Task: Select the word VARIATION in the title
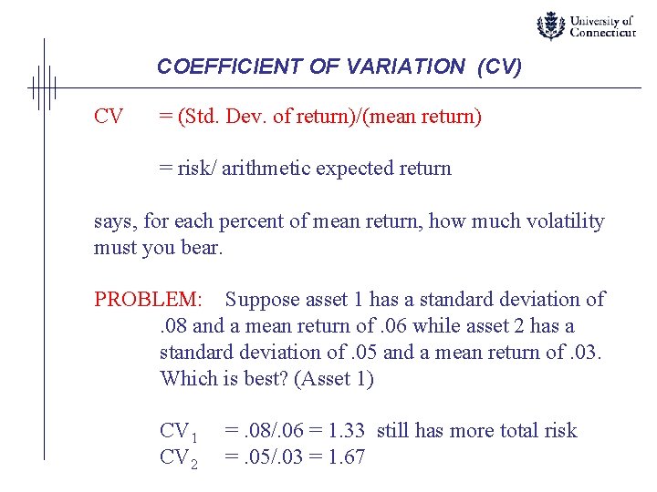click(390, 67)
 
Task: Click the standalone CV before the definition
click(109, 117)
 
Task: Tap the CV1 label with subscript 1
click(179, 432)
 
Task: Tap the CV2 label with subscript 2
click(179, 458)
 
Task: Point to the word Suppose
click(261, 300)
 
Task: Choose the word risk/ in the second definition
click(201, 169)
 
